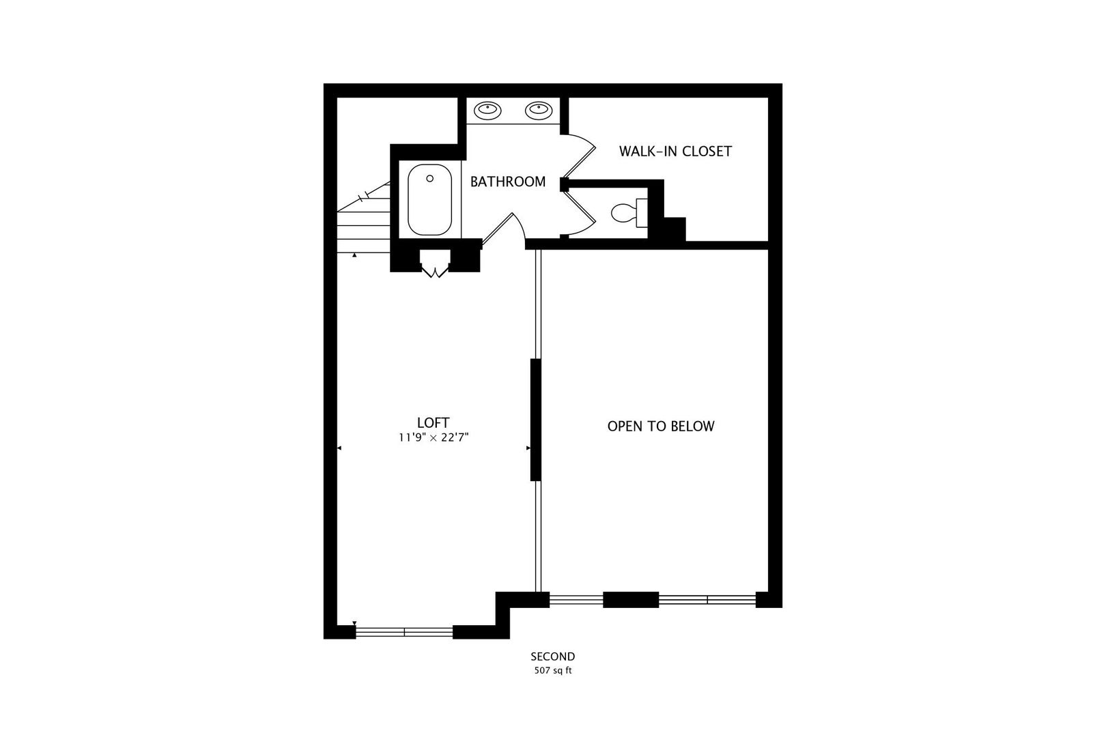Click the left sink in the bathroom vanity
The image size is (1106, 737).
(x=487, y=111)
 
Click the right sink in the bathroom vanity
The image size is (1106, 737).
(x=539, y=111)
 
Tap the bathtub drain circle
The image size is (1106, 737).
(x=429, y=179)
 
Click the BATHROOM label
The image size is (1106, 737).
(x=507, y=182)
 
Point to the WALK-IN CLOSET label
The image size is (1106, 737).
(x=675, y=151)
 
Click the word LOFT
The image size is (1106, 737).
(x=433, y=422)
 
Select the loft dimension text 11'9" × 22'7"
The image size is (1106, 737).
(x=434, y=437)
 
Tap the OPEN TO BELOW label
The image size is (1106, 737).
(x=661, y=426)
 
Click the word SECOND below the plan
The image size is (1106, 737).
(x=552, y=656)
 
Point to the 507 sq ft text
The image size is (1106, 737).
(x=552, y=671)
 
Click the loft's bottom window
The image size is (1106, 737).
(x=404, y=632)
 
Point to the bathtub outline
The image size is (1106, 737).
(x=429, y=199)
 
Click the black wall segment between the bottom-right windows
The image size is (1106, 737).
(x=631, y=599)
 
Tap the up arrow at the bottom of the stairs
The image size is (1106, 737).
(x=354, y=255)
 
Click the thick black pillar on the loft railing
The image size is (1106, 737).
(x=536, y=420)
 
